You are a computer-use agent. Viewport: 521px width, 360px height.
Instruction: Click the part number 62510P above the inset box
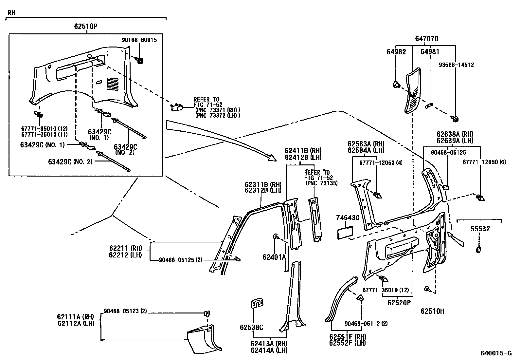86,26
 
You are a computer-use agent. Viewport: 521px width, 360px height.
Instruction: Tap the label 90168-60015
139,40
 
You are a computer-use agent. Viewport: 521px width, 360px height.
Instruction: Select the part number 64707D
427,39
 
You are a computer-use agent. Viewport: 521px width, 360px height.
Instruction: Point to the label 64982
396,52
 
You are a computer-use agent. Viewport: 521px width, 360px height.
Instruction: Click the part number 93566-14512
456,65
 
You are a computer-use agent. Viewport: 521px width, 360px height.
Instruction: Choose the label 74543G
348,218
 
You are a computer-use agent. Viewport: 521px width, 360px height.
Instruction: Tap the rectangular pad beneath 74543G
345,233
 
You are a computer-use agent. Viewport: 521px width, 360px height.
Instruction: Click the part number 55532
480,229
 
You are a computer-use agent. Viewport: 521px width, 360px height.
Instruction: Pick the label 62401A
274,257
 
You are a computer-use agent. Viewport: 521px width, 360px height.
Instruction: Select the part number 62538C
251,327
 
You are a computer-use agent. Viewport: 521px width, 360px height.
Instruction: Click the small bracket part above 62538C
257,303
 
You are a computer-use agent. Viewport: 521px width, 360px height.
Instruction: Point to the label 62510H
432,311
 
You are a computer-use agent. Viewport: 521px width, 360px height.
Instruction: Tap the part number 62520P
399,303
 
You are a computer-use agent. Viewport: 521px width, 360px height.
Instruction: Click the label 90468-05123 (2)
125,311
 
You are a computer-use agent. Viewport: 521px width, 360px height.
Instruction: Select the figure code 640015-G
496,353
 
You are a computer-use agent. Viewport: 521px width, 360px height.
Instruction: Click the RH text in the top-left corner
11,12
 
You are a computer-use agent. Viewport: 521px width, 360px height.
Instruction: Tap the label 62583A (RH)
366,144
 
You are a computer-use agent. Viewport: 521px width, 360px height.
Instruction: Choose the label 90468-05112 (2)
366,323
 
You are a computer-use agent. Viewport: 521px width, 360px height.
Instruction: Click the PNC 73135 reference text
322,183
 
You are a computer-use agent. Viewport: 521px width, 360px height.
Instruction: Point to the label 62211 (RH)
125,248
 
